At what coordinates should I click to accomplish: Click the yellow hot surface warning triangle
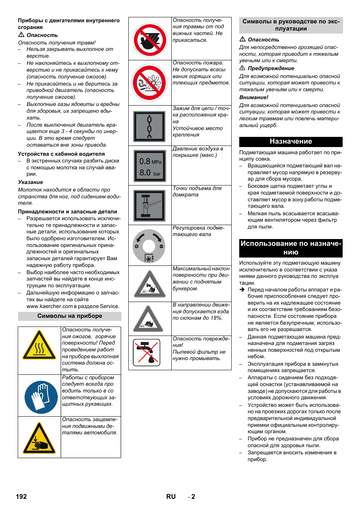tap(39, 346)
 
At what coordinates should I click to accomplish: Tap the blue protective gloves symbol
tap(41, 397)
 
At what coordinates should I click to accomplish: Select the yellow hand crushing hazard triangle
tap(39, 439)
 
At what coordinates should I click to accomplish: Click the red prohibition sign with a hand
tap(150, 40)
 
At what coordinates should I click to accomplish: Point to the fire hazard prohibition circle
tap(150, 83)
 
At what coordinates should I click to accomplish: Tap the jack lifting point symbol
tap(149, 205)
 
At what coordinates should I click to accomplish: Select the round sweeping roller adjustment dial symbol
tap(149, 246)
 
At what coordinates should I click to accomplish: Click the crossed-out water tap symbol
tap(149, 353)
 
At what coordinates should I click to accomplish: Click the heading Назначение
tap(291, 141)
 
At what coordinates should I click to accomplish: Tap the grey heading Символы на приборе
tap(69, 316)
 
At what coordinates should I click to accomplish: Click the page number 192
tap(22, 497)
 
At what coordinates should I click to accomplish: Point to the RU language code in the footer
tap(171, 497)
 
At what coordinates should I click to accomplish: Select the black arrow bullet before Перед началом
tap(242, 290)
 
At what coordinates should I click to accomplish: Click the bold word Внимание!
tap(254, 97)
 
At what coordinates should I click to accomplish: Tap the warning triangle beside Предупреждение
tap(242, 68)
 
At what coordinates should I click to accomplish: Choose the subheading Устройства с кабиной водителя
tap(61, 154)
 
